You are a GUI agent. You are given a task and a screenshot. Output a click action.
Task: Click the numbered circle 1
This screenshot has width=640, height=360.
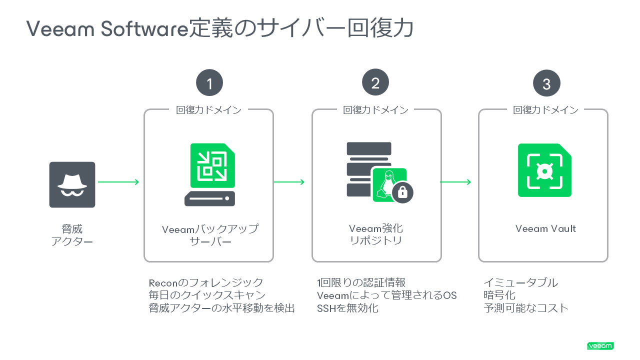pos(209,83)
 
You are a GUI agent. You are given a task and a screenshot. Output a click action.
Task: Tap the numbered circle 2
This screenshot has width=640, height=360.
pos(375,83)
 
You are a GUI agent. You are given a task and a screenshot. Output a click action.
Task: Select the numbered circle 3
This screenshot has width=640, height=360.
pos(546,83)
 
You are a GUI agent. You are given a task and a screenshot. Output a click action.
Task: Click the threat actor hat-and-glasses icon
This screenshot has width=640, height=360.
pos(72,184)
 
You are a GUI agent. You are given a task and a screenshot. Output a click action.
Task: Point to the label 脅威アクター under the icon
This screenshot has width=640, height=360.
pos(72,235)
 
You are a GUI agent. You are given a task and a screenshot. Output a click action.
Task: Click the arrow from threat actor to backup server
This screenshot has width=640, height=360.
pos(118,182)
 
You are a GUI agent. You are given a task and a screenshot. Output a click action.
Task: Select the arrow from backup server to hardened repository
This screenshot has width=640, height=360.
pos(289,182)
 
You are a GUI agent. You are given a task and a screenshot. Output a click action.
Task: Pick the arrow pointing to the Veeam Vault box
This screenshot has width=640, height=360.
pos(455,182)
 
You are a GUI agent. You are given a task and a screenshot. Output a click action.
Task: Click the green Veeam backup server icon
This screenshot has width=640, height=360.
pos(210,174)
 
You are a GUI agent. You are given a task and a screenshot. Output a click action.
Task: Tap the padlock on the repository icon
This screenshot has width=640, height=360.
pos(403,191)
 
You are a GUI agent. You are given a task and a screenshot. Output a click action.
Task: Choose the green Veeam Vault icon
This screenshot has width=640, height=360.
pos(544,170)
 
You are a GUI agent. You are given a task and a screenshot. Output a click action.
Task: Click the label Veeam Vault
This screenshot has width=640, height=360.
pos(545,229)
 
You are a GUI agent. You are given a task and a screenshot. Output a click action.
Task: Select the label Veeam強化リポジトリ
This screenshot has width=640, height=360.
pos(375,234)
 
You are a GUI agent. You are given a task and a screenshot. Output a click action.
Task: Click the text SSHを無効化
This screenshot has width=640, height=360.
pos(347,308)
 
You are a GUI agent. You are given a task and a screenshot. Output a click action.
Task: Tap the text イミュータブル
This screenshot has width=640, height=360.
pos(520,283)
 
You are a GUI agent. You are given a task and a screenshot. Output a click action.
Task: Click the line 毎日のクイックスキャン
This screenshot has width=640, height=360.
pos(207,295)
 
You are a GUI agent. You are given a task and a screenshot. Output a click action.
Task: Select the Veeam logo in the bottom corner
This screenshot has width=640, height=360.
pos(600,346)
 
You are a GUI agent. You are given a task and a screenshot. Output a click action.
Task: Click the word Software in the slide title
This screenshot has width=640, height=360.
pos(143,29)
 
